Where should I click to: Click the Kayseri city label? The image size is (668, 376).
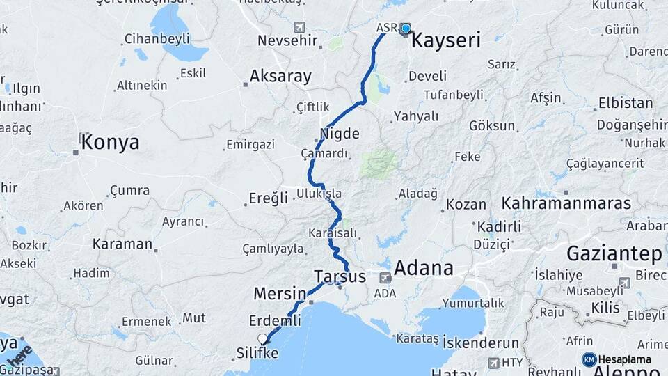(446, 40)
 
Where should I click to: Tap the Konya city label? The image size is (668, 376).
(110, 143)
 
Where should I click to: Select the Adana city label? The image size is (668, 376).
(424, 268)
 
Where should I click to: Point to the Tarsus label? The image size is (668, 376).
(340, 276)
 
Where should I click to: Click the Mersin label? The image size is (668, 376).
(280, 293)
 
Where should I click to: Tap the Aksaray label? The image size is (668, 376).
(280, 77)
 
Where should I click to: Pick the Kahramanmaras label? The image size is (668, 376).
(566, 203)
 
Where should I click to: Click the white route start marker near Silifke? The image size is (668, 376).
(263, 339)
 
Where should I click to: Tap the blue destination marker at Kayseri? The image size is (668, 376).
(405, 29)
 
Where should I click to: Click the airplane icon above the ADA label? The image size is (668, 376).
(385, 278)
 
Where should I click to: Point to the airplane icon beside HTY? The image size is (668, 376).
(493, 363)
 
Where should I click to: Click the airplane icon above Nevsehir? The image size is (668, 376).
(299, 27)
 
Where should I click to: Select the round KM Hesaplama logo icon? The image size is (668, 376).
(589, 359)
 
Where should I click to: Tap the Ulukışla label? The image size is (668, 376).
(319, 193)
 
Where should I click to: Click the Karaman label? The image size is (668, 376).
(122, 244)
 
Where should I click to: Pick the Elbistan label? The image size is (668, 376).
(626, 103)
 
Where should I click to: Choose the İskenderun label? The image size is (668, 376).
(481, 343)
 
